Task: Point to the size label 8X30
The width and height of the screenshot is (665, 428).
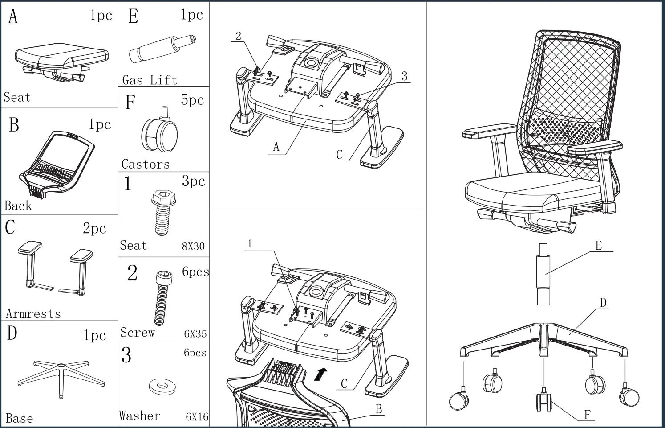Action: coord(193,246)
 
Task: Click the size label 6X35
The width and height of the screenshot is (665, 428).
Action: coord(195,334)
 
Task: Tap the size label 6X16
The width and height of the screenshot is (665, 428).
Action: coord(197,417)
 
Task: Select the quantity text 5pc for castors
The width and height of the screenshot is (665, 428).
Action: coord(192,100)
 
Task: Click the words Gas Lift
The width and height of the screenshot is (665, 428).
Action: coord(150,80)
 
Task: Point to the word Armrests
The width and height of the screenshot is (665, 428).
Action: coord(33,314)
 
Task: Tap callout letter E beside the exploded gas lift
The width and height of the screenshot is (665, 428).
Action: coord(599,246)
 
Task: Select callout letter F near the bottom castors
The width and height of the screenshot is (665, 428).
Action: coord(587,415)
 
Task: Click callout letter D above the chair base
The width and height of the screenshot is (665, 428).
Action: coord(603,303)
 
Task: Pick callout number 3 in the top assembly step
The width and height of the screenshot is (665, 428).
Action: coord(404,76)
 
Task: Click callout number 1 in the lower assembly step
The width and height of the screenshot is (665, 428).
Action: coord(250,244)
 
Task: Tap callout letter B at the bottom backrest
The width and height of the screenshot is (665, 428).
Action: coord(379,409)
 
